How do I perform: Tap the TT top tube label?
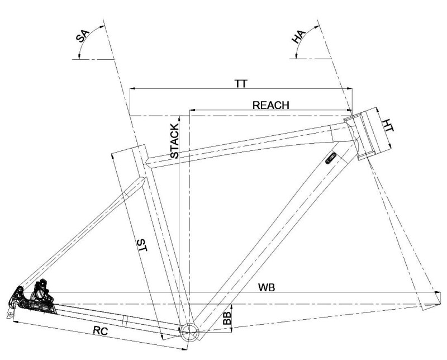coord(241,83)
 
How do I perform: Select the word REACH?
coord(270,105)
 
